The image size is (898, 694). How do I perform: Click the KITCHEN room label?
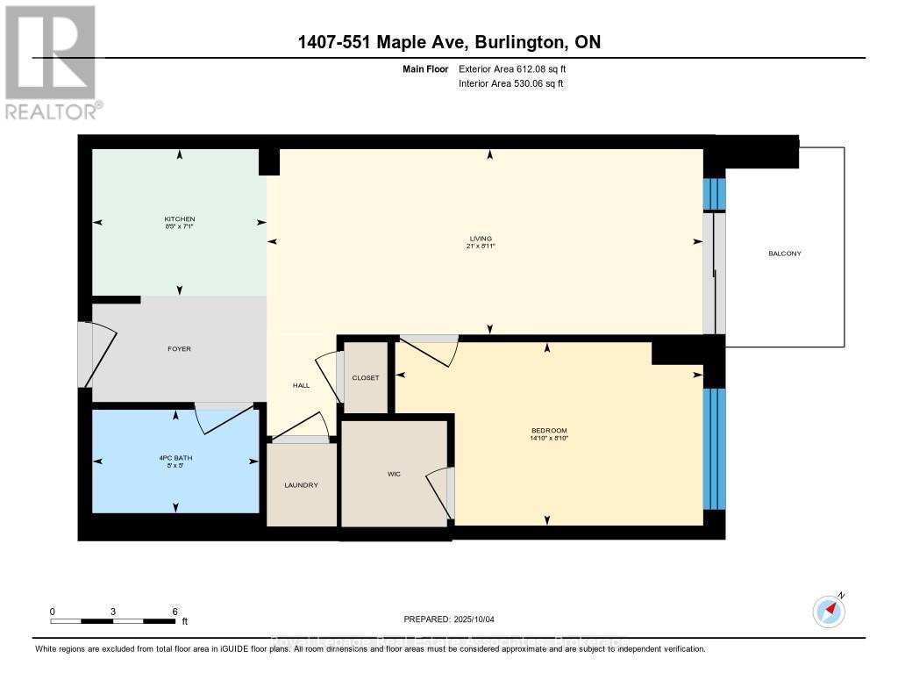179,218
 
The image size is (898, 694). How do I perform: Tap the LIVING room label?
481,238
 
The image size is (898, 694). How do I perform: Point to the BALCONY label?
784,254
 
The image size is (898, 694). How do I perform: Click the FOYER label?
179,349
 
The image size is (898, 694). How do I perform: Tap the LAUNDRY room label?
301,485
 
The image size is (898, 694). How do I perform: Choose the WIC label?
394,474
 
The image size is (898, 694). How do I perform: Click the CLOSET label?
366,378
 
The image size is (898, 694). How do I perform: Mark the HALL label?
302,386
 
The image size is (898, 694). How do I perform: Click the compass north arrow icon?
829,611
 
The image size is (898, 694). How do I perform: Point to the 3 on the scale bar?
114,612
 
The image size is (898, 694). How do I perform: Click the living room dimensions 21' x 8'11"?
481,247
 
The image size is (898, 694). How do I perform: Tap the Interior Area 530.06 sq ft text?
510,83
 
